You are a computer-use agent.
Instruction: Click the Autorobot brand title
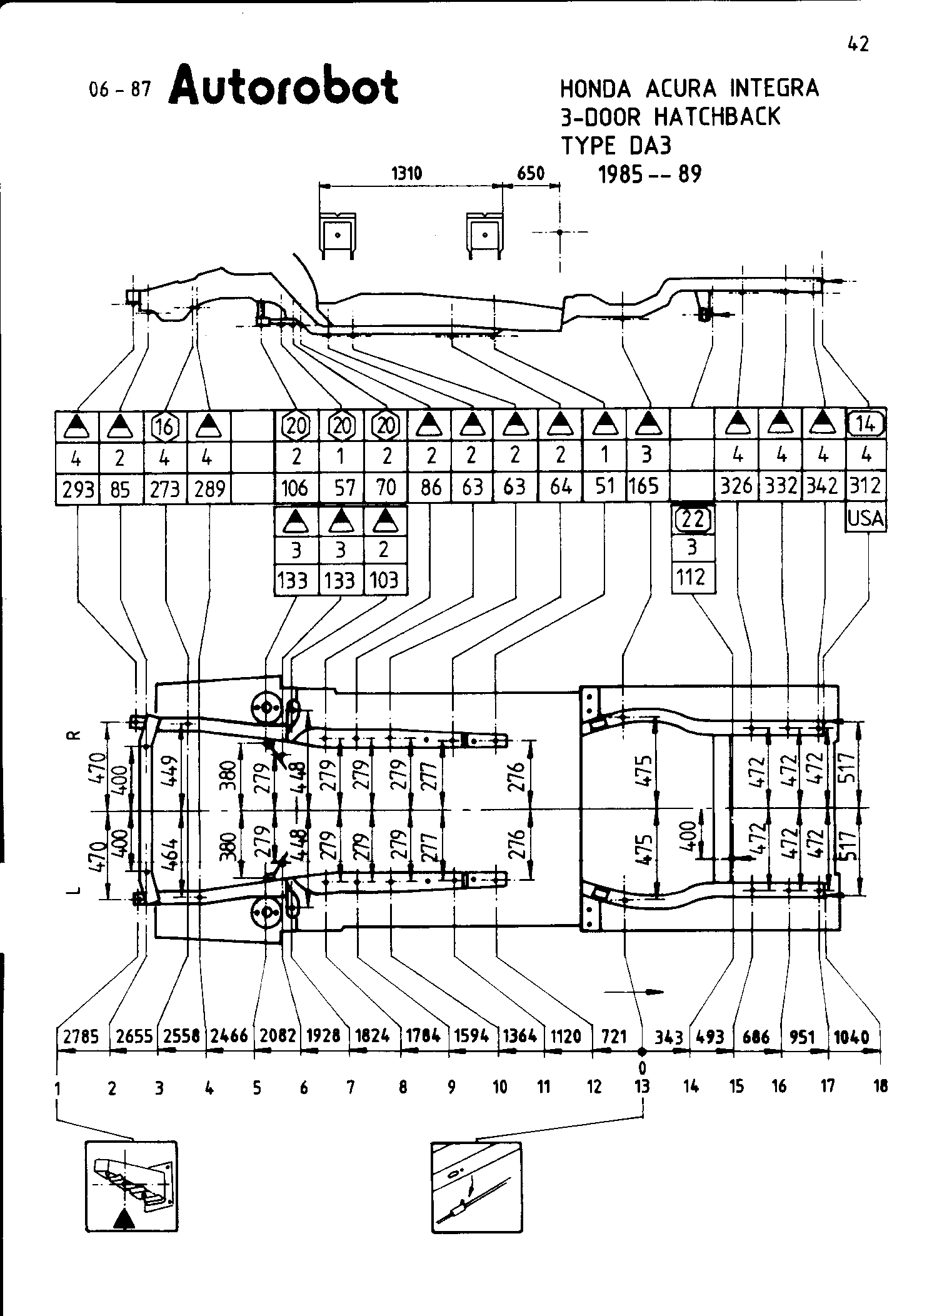click(x=283, y=86)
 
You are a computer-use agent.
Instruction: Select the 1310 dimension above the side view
click(x=406, y=173)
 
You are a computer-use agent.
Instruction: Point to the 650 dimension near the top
click(x=531, y=173)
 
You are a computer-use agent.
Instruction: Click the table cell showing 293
click(x=78, y=488)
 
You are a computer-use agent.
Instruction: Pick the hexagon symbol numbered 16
click(x=165, y=426)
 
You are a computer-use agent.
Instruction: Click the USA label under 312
click(x=866, y=518)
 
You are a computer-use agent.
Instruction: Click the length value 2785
click(x=81, y=1037)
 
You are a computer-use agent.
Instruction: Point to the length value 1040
click(x=852, y=1037)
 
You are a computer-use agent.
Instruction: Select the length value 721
click(x=614, y=1037)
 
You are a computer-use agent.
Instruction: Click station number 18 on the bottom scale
click(x=880, y=1087)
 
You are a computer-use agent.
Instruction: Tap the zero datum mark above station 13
click(x=642, y=1066)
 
